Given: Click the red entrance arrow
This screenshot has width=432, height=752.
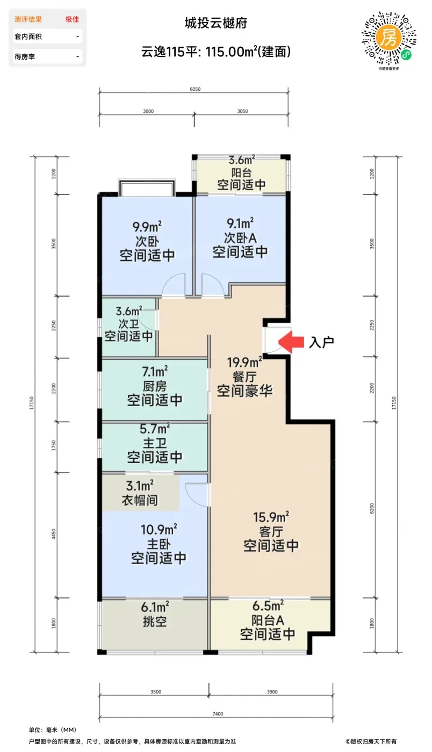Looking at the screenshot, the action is coord(290,342).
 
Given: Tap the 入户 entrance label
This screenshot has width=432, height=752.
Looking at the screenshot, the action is coord(321,343).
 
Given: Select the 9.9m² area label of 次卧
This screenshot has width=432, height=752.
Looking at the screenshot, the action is coord(147,227).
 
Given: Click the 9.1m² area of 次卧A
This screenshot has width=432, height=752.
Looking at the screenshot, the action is coord(240,223).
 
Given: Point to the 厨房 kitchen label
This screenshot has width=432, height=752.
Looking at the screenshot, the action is coord(155,386).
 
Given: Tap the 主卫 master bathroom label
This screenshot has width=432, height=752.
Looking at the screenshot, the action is coord(155,443).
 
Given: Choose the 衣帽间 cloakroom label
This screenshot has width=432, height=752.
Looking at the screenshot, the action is coord(140,500).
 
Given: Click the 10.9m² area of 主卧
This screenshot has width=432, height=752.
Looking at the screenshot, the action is coord(159,530).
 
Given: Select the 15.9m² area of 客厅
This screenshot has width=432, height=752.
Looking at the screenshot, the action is coord(271,517).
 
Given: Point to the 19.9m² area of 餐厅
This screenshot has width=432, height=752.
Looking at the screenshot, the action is coord(244,363).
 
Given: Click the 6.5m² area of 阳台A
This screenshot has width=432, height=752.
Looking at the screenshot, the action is coord(268,606).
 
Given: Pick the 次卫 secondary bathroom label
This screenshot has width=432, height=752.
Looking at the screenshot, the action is coord(128,324).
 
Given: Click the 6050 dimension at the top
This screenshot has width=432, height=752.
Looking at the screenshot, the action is coord(195,89).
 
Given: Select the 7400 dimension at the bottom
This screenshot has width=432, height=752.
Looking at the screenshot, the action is coord(218,714).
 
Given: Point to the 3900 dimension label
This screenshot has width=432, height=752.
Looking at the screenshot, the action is coord(272,692).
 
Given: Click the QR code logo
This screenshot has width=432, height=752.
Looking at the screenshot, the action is coord(388,40).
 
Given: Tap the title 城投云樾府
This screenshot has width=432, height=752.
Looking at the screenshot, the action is coord(216,23).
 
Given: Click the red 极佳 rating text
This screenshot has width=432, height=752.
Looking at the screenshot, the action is coord(72,19).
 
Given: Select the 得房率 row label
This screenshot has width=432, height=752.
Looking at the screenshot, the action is coord(25,57).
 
